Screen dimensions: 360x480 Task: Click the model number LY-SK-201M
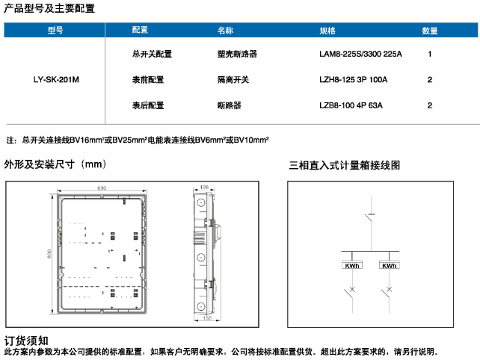coord(56,79)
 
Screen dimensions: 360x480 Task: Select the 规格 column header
coord(327,31)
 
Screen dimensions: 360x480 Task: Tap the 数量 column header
coord(430,31)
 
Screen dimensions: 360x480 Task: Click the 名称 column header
coord(225,31)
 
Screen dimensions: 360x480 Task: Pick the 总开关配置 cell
coord(152,55)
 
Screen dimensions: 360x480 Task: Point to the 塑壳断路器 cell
coord(232,55)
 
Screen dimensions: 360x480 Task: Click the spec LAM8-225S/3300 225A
coord(360,55)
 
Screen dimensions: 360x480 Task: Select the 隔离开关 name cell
coord(228,79)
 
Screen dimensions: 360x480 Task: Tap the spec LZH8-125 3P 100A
coord(353,79)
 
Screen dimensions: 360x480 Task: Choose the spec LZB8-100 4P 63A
coord(351,105)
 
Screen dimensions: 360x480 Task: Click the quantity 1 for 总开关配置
coord(430,55)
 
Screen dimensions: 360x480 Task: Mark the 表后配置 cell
coord(147,105)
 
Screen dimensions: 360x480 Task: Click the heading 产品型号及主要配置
coord(49,8)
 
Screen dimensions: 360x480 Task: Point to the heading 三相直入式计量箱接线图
coord(345,165)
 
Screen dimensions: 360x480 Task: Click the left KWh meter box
coord(352,266)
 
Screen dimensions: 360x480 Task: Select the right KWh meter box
coord(389,266)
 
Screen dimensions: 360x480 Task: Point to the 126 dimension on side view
coord(205,187)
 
